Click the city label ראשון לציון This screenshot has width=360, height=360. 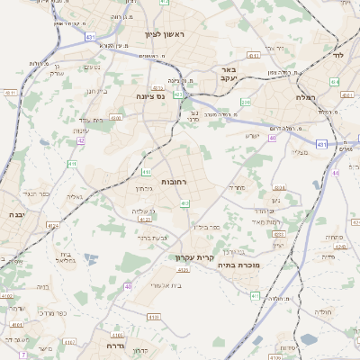pyautogui.click(x=162, y=34)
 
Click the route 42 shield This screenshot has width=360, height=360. pyautogui.click(x=81, y=140)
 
